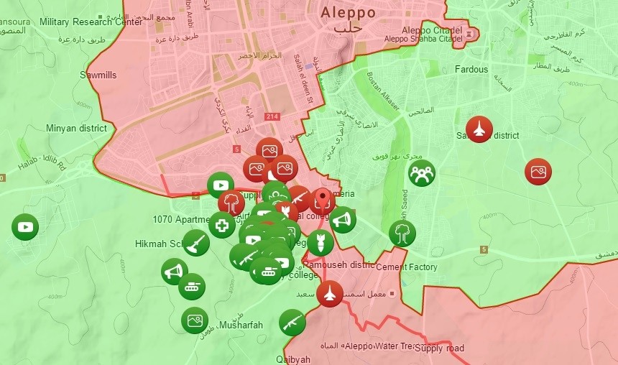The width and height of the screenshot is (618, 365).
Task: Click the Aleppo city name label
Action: click(x=348, y=13)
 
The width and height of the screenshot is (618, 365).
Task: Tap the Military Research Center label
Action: click(x=91, y=22)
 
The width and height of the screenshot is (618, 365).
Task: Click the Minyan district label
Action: click(x=76, y=129)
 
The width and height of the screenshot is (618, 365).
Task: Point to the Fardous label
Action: click(x=471, y=70)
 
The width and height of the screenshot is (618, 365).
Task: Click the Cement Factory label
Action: click(x=407, y=267)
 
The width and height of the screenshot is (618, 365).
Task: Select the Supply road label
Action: click(x=439, y=348)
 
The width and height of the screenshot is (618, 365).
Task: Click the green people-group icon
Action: click(x=422, y=173)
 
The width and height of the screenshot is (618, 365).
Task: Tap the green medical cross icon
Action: click(x=222, y=225)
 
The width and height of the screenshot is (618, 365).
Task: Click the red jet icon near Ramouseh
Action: click(x=330, y=293)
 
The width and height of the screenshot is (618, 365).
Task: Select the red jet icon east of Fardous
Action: click(x=479, y=129)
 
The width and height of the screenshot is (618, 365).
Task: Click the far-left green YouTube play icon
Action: click(x=25, y=227)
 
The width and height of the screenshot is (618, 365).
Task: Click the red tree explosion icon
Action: click(x=231, y=204)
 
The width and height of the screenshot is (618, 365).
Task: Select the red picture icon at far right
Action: click(x=538, y=172)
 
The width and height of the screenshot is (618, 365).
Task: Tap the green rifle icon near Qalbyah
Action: click(x=292, y=323)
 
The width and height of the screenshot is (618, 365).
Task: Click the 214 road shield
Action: click(x=272, y=116)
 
